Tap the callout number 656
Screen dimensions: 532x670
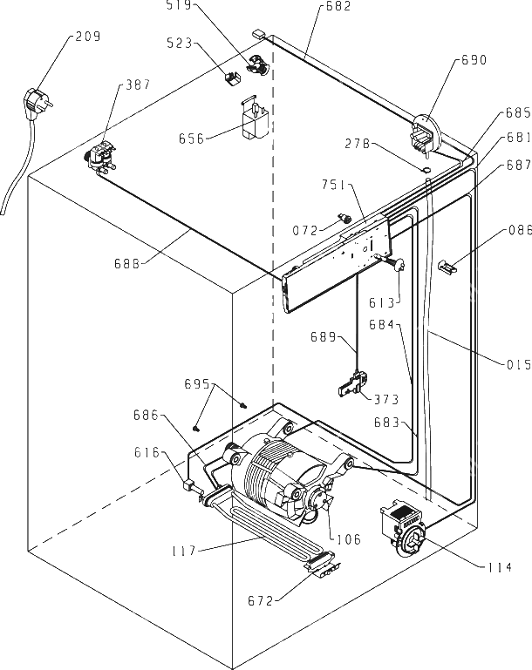(x=192, y=139)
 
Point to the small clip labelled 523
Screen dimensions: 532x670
(x=232, y=78)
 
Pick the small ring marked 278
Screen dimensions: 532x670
(x=426, y=170)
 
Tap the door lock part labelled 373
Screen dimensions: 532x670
(x=353, y=383)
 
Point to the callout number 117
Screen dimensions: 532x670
(x=183, y=551)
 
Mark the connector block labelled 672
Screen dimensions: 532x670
(x=324, y=568)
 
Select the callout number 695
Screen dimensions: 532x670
(x=197, y=384)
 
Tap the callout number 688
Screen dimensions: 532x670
(x=127, y=264)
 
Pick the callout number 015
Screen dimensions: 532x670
(x=519, y=364)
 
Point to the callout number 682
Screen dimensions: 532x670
(x=338, y=6)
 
